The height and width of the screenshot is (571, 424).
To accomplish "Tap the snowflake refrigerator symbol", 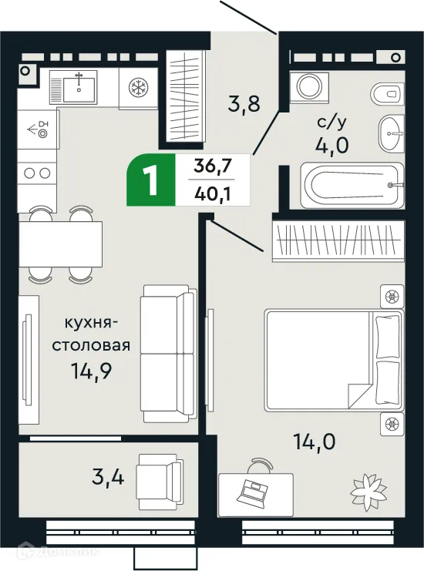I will (138, 86).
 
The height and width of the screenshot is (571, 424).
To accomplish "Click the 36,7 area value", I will (212, 165).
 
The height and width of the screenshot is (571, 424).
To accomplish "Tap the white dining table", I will (61, 244).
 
